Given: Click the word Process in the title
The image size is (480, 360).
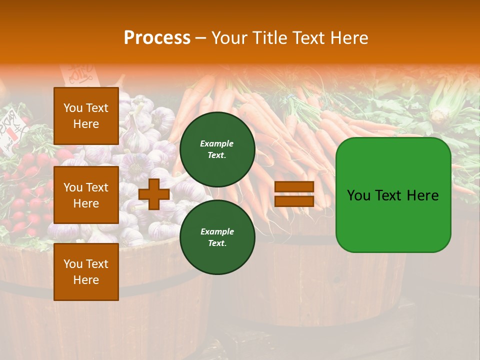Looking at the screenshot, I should [157, 38].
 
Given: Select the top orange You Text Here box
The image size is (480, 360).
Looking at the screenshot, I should [86, 116].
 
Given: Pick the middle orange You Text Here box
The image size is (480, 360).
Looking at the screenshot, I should [86, 195].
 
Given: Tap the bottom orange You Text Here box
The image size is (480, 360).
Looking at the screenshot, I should [86, 272].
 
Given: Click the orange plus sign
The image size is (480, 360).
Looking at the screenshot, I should [153, 194].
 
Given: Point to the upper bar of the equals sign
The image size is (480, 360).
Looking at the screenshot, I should [294, 187].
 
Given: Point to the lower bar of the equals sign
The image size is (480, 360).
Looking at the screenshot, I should [294, 201].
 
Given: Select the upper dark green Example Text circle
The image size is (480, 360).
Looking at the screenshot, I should [217, 149].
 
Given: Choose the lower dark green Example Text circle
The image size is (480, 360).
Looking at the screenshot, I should [217, 237].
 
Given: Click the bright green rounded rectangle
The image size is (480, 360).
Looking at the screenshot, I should [393, 195].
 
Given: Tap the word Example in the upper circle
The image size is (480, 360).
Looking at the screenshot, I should [217, 143].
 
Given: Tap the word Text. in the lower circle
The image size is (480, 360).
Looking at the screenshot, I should [217, 243].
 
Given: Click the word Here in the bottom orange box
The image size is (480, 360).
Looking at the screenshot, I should [86, 280].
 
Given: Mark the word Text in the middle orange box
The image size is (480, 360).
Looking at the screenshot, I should [97, 187].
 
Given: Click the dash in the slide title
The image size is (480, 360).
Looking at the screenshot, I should [200, 38].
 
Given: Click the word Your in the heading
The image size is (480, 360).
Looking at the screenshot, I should [228, 38].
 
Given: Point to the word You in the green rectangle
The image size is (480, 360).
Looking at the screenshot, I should [358, 195].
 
